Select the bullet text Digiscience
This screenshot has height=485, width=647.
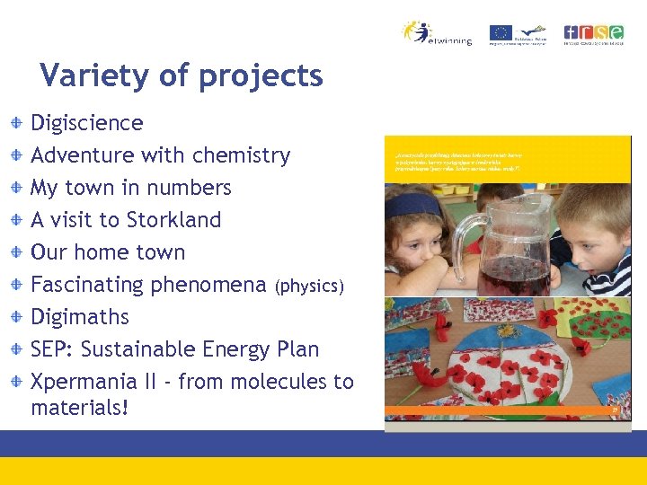coord(87,123)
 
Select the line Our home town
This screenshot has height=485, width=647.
coord(108,252)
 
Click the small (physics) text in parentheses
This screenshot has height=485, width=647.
coord(310,287)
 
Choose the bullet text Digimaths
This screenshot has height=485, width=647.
coord(80,317)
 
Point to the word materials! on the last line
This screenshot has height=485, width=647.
coord(80,408)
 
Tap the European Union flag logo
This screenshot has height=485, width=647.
coord(501,33)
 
